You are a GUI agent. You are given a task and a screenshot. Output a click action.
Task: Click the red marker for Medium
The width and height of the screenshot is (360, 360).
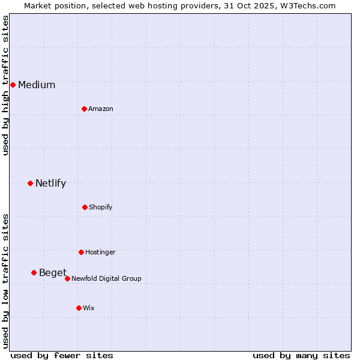13,85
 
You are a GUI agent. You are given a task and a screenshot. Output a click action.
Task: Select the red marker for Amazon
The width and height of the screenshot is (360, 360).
84,109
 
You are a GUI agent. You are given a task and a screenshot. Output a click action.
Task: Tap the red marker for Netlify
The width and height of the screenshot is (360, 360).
30,183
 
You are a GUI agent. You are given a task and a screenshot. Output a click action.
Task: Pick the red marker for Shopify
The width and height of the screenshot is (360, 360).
85,207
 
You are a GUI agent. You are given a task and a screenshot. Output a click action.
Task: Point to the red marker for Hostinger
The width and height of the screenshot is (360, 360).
81,252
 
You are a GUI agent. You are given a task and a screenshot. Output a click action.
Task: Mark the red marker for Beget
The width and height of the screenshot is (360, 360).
34,272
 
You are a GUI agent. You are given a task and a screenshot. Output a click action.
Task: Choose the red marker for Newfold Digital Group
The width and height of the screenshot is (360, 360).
67,278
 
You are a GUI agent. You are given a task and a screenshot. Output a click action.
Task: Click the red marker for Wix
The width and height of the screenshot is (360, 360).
79,308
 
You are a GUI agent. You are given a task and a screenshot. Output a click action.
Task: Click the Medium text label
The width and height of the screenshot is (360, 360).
37,85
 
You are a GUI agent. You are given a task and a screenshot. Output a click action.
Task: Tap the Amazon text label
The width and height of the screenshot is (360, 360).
101,109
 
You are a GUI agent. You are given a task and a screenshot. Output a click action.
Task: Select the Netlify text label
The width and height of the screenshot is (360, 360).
50,184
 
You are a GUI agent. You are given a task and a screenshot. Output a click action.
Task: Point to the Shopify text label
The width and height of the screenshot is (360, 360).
101,208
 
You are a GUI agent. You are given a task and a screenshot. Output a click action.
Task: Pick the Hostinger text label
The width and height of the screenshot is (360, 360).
100,253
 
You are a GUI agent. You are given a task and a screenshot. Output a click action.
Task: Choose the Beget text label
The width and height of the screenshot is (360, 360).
53,273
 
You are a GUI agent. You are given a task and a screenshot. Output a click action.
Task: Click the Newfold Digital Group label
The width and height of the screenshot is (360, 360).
106,279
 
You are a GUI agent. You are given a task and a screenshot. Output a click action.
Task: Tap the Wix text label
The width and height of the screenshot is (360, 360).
89,308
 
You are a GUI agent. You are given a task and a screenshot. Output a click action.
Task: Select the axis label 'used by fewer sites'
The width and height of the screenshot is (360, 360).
62,355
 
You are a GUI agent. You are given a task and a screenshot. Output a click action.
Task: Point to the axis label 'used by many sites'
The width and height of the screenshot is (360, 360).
301,355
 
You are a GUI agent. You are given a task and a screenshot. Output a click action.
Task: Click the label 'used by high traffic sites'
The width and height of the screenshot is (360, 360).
6,85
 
